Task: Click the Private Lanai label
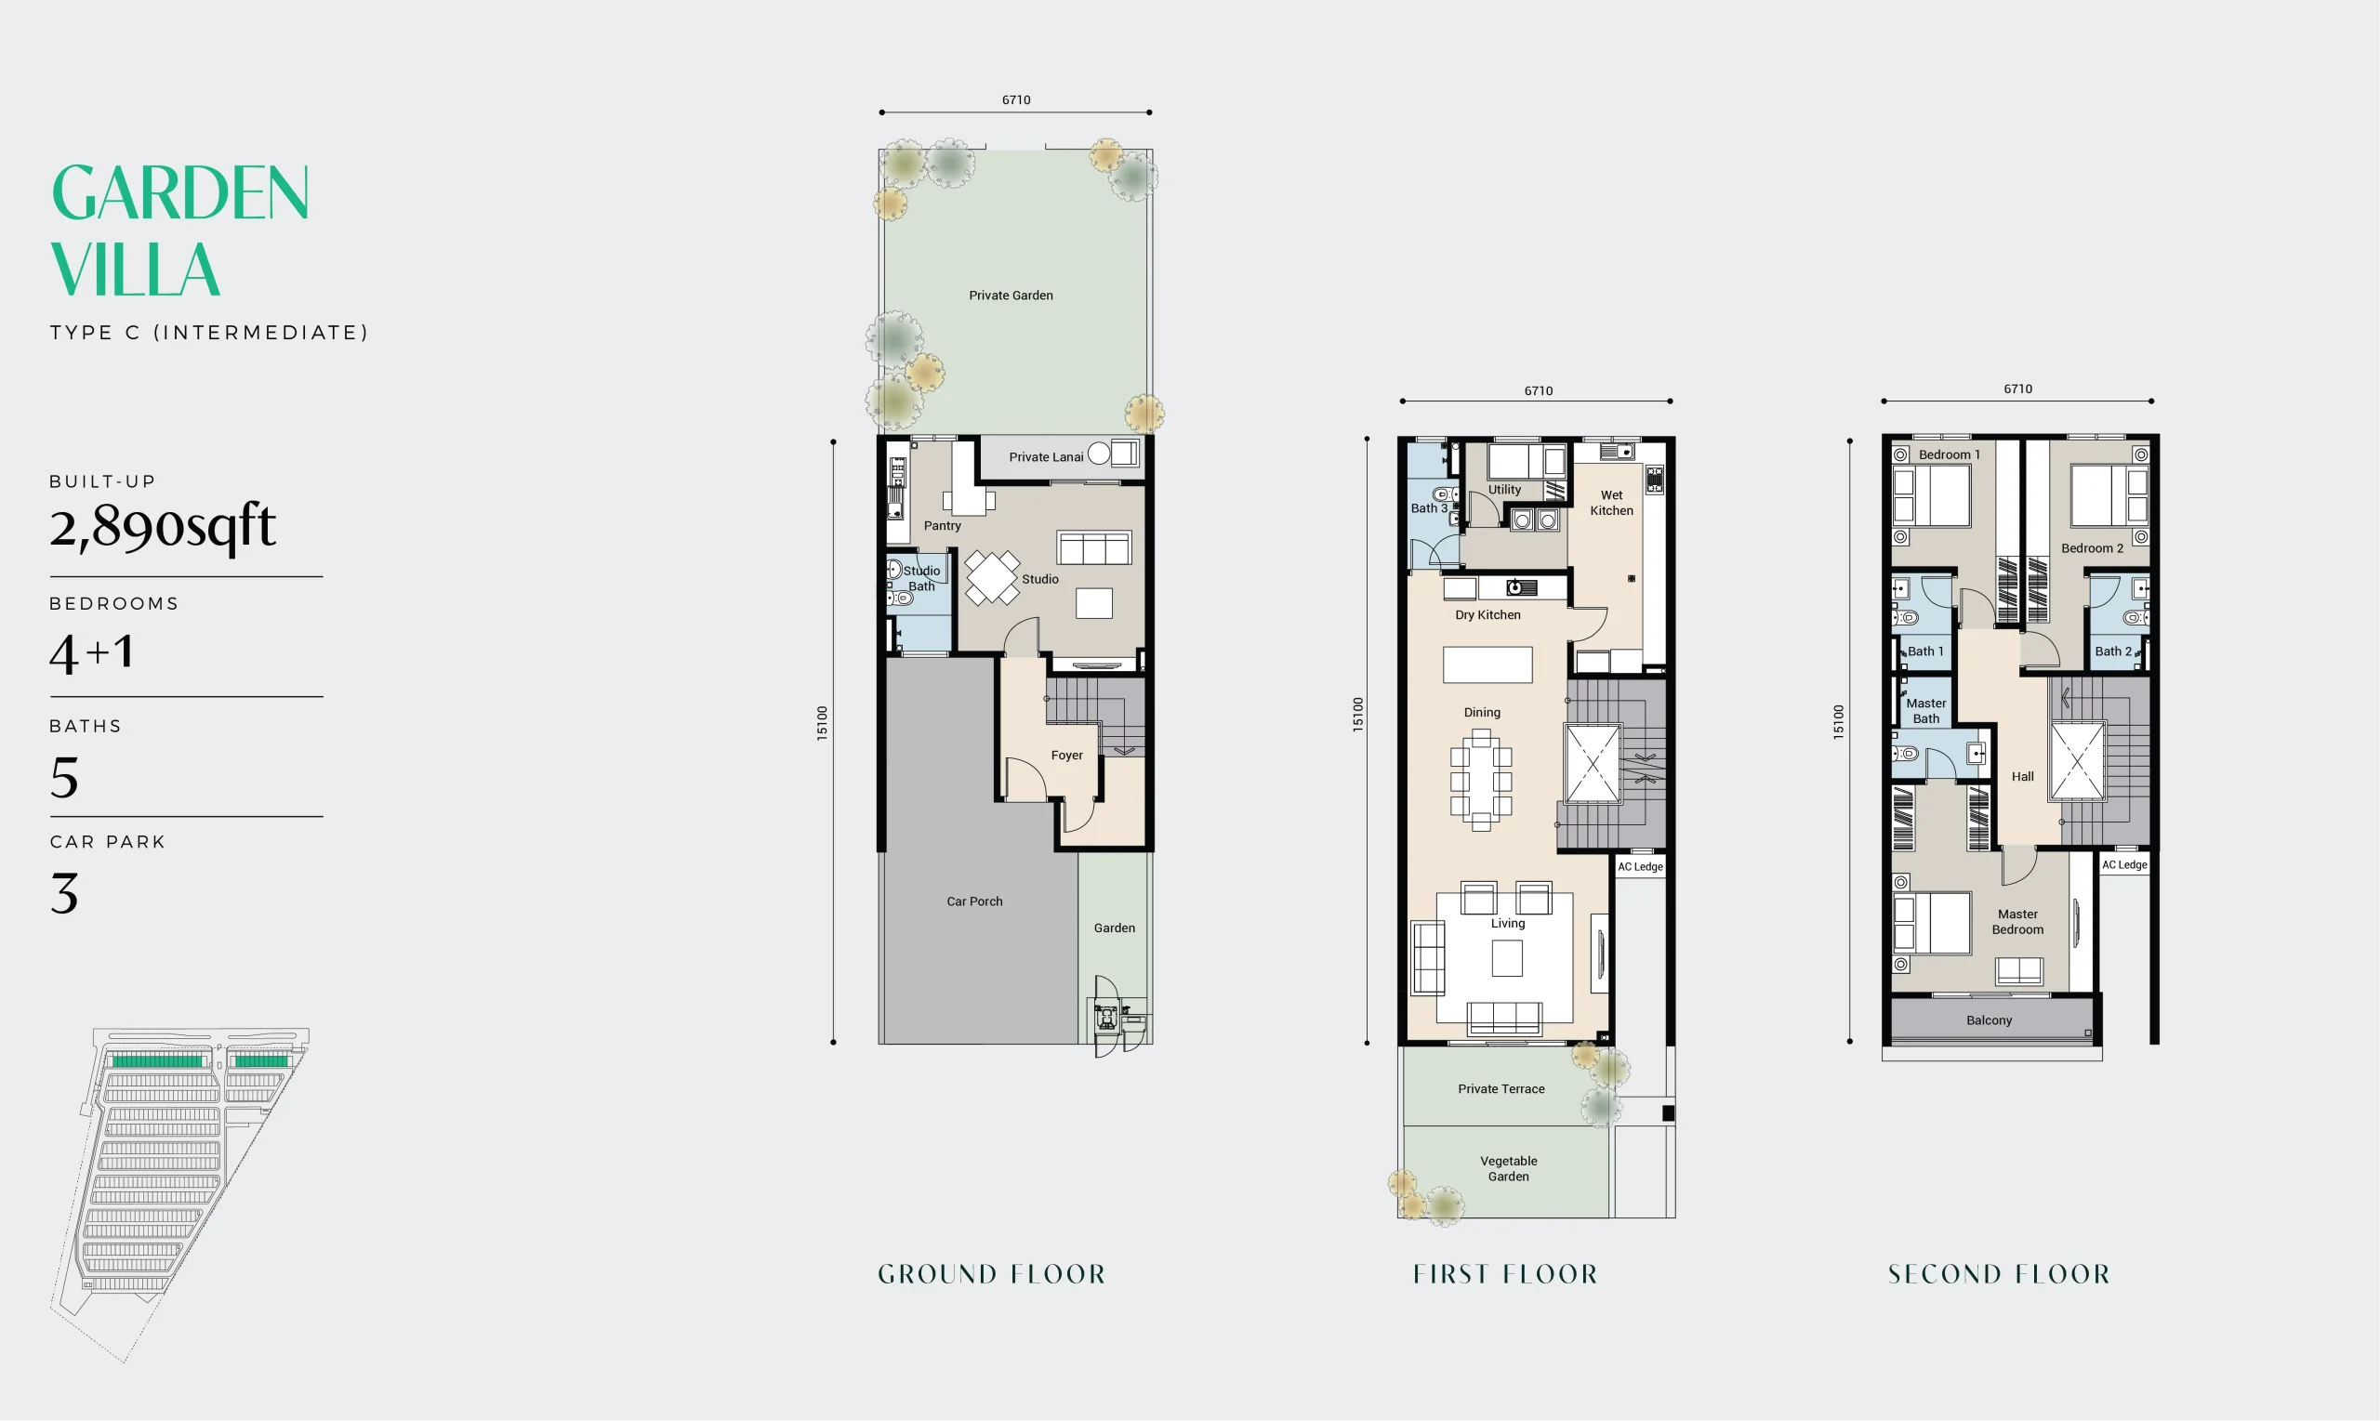(1046, 456)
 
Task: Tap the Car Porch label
(974, 901)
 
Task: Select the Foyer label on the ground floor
(1066, 755)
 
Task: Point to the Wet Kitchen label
(1612, 503)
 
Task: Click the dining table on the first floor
(1481, 781)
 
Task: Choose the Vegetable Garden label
(1509, 1168)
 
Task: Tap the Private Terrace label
(1501, 1088)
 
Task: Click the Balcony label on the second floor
(1990, 1020)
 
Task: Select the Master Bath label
(1926, 710)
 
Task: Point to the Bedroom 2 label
(2092, 547)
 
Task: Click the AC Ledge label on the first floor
(1641, 866)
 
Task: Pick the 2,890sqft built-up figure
(163, 526)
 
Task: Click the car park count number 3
(64, 893)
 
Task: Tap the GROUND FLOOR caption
(991, 1273)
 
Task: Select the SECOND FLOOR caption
(1999, 1273)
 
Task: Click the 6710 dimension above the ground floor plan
(1016, 99)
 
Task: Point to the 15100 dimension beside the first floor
(1357, 716)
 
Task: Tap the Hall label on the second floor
(2023, 777)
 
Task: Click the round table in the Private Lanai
(1099, 453)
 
